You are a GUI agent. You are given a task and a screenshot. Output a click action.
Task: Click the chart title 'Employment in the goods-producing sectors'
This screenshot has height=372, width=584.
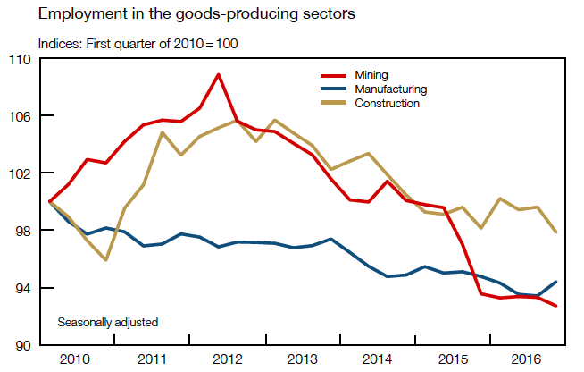point(172,14)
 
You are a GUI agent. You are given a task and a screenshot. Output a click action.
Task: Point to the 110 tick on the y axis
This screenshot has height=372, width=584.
point(20,59)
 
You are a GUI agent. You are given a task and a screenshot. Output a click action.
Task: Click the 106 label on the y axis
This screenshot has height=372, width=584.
point(20,116)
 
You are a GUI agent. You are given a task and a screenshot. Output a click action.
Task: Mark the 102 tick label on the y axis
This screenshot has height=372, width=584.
point(20,173)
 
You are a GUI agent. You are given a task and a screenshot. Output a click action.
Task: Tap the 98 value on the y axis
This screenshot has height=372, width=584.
point(23,231)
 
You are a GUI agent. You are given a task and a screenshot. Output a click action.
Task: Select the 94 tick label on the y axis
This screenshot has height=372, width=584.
point(23,288)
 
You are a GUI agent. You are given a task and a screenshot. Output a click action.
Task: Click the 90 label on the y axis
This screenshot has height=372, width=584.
point(23,345)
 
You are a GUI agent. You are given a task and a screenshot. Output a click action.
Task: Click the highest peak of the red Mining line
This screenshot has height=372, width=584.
point(219,74)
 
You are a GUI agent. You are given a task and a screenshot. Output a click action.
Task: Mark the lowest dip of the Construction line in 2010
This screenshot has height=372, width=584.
point(106,260)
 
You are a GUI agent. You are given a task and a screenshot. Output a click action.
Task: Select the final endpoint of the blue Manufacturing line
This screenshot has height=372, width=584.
point(557,282)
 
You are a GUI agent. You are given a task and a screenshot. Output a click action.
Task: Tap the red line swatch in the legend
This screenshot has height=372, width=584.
point(335,75)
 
